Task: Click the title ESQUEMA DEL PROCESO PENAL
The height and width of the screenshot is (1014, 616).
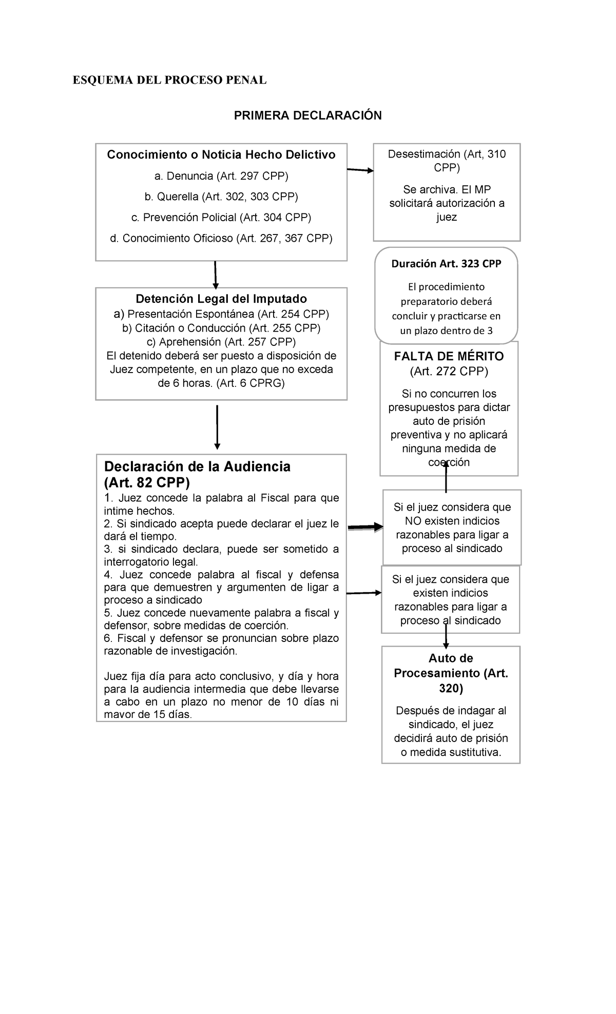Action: tap(169, 81)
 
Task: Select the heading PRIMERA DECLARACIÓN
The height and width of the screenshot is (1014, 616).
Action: tap(307, 115)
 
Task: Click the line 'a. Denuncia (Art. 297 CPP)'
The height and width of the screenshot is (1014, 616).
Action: tap(221, 176)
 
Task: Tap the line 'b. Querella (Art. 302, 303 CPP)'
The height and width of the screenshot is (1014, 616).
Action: tap(221, 197)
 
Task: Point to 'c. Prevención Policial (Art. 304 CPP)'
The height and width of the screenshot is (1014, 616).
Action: tap(221, 218)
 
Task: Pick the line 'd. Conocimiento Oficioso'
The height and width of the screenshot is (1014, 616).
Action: tap(221, 238)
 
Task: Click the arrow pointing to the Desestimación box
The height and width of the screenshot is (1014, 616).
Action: tap(360, 170)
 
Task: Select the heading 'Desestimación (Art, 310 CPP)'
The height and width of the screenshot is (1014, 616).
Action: tap(447, 161)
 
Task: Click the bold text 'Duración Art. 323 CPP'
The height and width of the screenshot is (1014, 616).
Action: tap(446, 264)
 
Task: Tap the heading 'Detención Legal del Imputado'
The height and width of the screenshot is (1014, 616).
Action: tap(221, 299)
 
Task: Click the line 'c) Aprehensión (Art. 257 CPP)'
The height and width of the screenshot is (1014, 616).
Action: tap(221, 342)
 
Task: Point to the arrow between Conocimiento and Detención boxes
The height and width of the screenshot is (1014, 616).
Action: tap(215, 275)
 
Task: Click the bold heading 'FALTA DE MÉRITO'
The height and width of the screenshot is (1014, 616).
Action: tap(449, 356)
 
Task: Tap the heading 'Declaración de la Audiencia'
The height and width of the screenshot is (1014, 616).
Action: tap(197, 466)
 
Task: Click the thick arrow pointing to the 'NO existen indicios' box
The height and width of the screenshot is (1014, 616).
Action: tap(365, 527)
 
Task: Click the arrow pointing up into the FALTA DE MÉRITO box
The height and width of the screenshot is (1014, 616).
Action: tap(446, 476)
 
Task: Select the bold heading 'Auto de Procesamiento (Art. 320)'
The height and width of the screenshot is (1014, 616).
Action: tap(451, 673)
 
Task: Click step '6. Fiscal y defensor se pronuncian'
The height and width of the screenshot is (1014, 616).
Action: tap(221, 638)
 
